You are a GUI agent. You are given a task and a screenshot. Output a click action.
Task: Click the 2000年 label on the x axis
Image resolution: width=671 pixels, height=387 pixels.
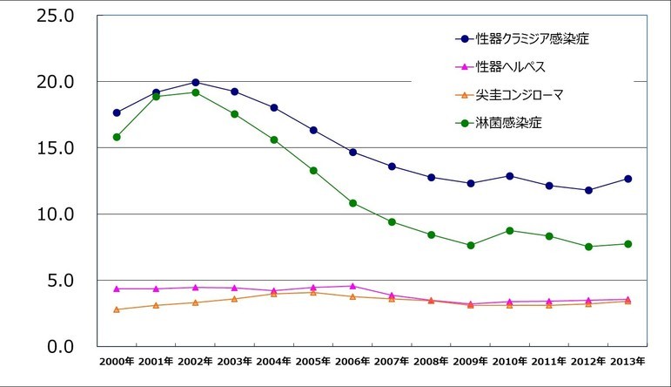[117, 361]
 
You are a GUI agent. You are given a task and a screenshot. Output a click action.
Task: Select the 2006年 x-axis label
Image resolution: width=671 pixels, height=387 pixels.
[352, 361]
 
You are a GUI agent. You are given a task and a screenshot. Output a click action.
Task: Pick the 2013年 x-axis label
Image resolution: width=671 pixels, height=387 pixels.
[627, 361]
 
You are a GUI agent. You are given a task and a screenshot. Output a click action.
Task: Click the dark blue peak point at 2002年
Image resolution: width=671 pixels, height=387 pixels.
[195, 82]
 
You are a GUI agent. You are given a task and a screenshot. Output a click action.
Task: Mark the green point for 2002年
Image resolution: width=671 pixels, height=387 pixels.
[195, 92]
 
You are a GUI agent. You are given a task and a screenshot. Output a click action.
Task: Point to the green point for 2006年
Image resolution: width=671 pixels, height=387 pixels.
[352, 203]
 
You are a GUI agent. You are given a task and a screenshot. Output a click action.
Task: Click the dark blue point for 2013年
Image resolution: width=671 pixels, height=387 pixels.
[627, 179]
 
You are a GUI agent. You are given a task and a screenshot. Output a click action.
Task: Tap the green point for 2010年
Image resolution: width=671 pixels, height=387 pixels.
[510, 230]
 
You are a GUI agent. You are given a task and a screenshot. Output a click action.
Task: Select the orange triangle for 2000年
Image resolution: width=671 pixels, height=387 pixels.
[117, 309]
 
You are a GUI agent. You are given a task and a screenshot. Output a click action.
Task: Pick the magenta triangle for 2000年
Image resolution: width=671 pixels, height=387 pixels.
[117, 289]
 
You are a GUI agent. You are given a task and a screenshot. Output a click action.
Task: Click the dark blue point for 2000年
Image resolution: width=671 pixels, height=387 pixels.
[117, 112]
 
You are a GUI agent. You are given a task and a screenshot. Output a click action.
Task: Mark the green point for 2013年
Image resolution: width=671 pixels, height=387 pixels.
[627, 244]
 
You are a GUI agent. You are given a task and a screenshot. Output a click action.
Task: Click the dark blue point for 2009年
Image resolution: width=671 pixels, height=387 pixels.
[471, 183]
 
